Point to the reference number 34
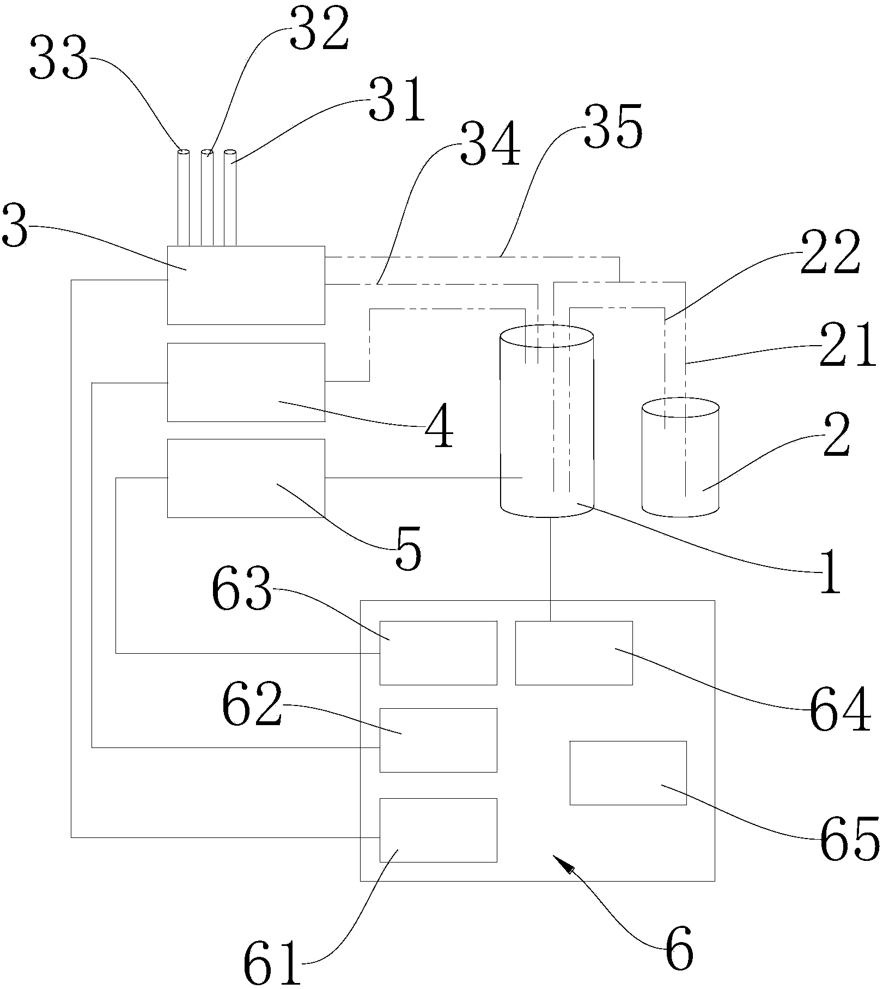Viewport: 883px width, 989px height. point(490,145)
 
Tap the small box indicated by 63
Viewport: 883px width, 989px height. point(438,653)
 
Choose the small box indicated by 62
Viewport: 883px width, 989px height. point(438,740)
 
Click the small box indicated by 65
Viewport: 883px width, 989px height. point(628,773)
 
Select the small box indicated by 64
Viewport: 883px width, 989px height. point(574,653)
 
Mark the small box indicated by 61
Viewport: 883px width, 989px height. point(438,830)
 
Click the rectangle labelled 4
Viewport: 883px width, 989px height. point(246,382)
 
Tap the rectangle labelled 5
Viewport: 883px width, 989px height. point(246,478)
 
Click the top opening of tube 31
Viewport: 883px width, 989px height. point(230,152)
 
